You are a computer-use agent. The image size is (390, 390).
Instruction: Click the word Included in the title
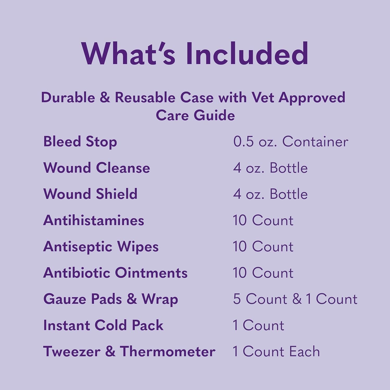coord(247,54)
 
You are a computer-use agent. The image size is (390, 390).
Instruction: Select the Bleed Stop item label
coord(80,142)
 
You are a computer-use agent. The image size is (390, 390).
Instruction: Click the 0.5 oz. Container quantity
coord(290,142)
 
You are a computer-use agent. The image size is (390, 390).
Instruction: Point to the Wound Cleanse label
coord(96,168)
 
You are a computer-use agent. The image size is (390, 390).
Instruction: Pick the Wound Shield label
coord(90,194)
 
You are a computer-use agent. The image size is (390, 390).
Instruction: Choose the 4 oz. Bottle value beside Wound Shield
coord(270,194)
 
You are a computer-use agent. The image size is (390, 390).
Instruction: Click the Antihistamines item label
coord(94,220)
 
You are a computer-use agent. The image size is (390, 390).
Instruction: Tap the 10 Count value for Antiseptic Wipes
coord(263,246)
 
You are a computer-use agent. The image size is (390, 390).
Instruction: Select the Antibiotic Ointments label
coord(115,273)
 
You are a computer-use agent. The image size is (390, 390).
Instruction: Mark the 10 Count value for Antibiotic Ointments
coord(263,273)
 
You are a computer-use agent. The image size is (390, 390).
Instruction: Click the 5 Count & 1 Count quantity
coord(295,299)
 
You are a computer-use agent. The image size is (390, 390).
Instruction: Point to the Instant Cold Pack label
coord(103,325)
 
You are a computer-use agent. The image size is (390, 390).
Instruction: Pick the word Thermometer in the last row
coord(167,352)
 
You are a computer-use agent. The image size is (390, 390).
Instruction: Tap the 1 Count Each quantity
coord(276,352)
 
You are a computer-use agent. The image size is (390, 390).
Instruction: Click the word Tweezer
coord(72,352)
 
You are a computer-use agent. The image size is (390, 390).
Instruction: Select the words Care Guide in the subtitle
coord(195,115)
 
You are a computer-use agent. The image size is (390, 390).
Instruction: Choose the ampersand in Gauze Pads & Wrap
coord(132,299)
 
